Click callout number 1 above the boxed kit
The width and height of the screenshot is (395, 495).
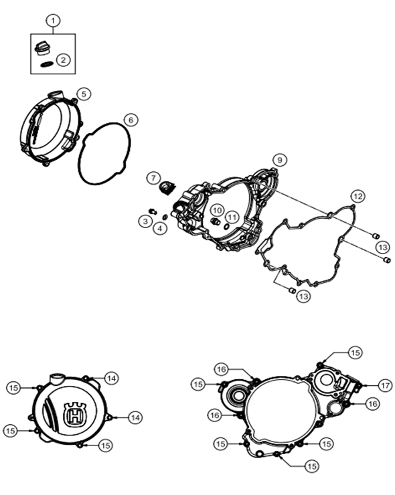53,21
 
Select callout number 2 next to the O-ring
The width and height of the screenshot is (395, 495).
64,60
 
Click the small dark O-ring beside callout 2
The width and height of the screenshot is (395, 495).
47,64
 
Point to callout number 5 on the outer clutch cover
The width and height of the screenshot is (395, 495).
84,94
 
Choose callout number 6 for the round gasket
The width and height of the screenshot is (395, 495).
131,120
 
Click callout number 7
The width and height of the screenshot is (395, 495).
153,178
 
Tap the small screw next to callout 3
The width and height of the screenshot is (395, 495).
153,211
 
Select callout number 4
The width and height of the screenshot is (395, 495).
160,229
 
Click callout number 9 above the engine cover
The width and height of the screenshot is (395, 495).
280,161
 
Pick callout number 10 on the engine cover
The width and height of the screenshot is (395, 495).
217,210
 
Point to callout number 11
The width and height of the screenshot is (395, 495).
232,217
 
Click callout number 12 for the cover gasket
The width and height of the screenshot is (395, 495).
358,197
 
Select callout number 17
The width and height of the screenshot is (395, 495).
385,385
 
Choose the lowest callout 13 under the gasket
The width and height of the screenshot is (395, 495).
304,296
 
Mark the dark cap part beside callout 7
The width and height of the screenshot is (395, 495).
167,187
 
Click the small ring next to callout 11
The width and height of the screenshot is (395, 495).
226,227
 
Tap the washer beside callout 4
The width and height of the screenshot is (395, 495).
165,217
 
